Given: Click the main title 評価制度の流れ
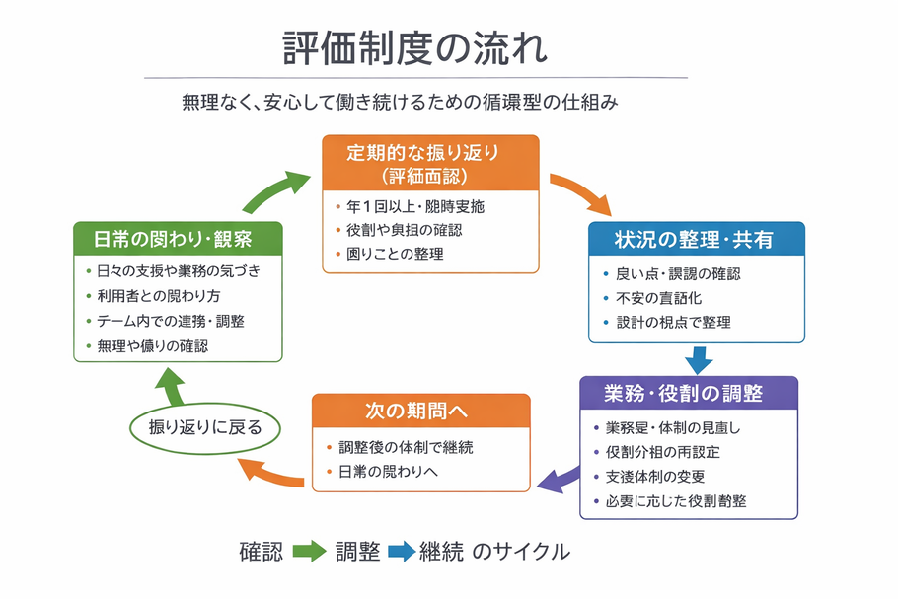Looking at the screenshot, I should point(414,47).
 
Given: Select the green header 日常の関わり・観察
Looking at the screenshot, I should point(179,239).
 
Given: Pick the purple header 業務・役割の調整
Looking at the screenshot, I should point(689,393).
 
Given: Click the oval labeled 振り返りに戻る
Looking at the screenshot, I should point(205,427).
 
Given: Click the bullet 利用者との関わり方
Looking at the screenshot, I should point(159,296).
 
